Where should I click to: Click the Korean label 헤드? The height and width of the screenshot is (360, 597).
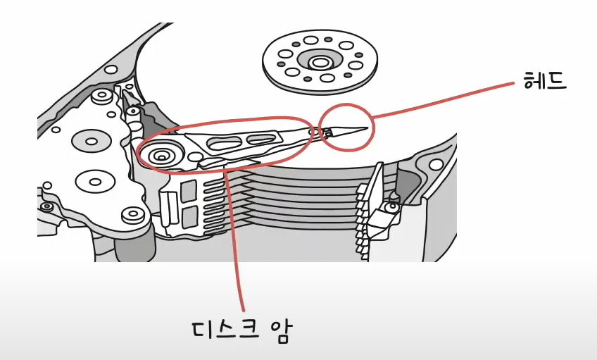click(x=546, y=82)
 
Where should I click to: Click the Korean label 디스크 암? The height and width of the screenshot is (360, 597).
click(x=241, y=330)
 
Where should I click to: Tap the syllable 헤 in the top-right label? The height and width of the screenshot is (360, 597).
click(x=534, y=82)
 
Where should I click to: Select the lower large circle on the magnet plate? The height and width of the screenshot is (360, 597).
click(x=93, y=180)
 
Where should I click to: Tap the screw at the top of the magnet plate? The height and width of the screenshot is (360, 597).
click(x=101, y=94)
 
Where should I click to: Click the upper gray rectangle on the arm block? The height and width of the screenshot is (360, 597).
click(x=188, y=189)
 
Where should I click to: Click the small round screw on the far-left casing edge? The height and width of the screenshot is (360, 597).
click(x=46, y=206)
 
